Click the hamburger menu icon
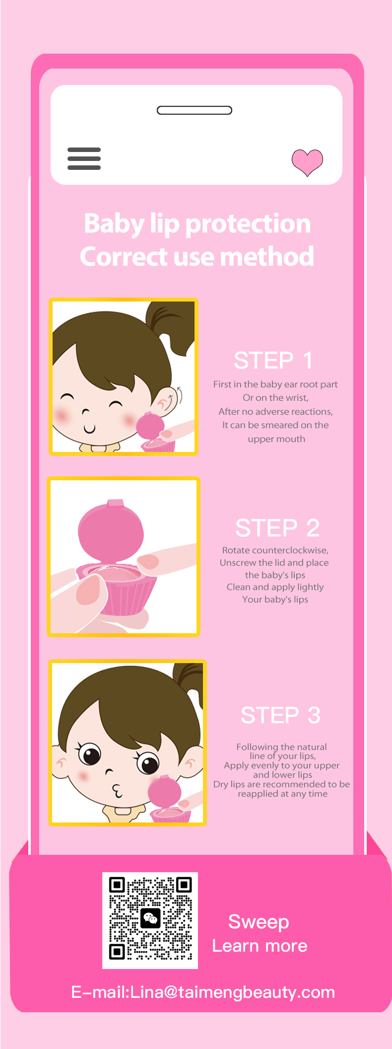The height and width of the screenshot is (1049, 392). pos(84,158)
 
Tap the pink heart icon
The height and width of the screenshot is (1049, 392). pos(307,162)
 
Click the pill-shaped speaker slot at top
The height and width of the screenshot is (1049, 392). pos(195,110)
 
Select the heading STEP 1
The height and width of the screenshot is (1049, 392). pos(273,361)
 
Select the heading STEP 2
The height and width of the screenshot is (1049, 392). pos(277,528)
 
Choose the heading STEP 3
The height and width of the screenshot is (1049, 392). pos(280,715)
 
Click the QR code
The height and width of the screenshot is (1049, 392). pos(150,920)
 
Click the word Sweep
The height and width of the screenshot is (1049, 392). pos(259,922)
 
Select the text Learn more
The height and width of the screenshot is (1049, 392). pos(260,946)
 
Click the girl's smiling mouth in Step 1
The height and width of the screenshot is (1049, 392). pos(89,429)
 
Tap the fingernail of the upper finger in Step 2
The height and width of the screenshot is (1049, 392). pos(148,562)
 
